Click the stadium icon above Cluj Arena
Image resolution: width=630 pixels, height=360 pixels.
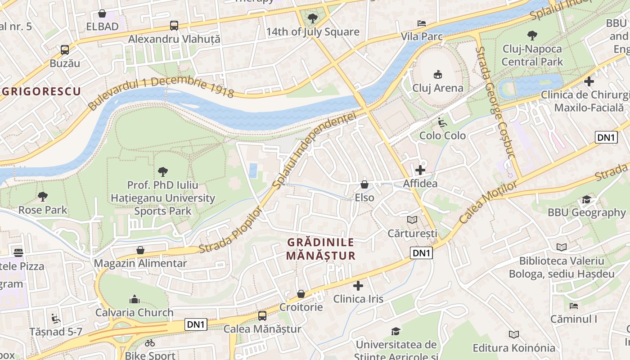(x=438, y=74)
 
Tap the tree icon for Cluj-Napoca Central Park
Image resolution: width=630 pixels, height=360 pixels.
(x=532, y=35)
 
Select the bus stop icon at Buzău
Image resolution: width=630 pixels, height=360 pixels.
(x=65, y=50)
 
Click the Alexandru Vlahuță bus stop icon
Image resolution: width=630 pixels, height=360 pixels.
(x=174, y=26)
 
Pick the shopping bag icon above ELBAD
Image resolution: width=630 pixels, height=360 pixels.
(x=102, y=13)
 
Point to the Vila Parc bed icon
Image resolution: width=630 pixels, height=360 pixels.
(x=422, y=23)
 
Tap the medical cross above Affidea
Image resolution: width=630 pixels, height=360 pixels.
(x=420, y=170)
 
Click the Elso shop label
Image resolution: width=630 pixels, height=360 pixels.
(x=364, y=198)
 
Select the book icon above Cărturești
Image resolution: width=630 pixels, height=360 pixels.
(x=412, y=220)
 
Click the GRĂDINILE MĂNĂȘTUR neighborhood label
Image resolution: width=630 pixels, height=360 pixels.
(x=321, y=249)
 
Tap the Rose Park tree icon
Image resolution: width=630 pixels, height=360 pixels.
(x=43, y=197)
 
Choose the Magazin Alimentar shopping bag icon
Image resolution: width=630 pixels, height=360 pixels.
(x=140, y=250)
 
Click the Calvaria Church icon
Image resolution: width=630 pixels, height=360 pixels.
(x=134, y=299)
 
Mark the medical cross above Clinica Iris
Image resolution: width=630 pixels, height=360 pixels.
(x=358, y=286)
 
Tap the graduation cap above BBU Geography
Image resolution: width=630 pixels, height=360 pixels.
(x=586, y=199)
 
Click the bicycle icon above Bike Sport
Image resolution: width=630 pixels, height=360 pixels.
(x=150, y=343)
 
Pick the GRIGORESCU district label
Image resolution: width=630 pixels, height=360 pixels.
(x=41, y=92)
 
